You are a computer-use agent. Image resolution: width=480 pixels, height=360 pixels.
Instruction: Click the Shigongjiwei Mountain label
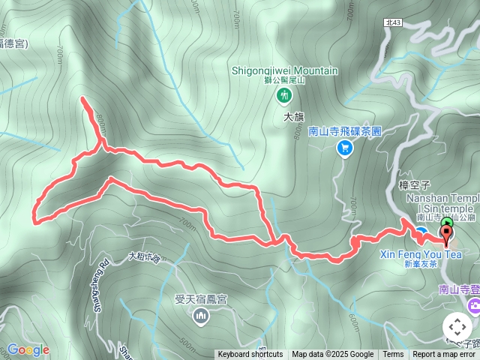point(284,71)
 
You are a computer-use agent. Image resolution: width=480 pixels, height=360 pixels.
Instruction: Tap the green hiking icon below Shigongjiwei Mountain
point(284,94)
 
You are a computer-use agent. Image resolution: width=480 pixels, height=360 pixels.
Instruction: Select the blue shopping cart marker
point(344,148)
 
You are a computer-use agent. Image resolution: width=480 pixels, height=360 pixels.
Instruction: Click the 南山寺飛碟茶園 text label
point(345,130)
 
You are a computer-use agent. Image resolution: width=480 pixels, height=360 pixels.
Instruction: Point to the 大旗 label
point(293,117)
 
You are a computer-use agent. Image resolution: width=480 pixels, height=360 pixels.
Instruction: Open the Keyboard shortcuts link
point(250,355)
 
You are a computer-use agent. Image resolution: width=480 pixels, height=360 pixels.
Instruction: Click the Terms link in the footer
point(393,355)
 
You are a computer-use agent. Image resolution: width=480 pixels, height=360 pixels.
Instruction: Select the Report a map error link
point(444,355)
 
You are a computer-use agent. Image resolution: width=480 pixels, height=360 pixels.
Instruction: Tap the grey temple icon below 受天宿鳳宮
point(200,316)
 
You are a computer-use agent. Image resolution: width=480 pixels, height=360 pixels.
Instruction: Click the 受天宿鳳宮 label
point(200,298)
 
